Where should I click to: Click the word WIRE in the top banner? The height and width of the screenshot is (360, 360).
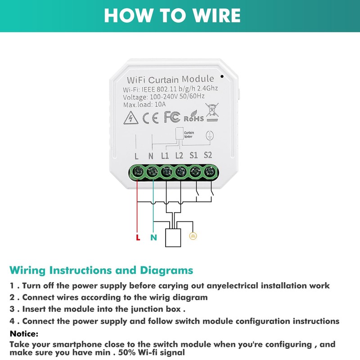[x=211, y=15]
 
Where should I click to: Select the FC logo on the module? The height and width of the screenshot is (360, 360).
[x=172, y=117]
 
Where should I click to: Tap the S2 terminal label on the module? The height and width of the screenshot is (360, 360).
[x=208, y=156]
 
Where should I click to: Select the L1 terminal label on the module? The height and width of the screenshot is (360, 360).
[x=165, y=156]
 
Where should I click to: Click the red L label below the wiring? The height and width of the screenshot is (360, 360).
[x=138, y=237]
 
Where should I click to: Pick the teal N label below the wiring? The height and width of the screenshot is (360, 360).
[x=153, y=237]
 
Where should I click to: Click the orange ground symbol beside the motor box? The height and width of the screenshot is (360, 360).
[x=193, y=235]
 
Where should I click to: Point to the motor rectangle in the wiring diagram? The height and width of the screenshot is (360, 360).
[x=174, y=238]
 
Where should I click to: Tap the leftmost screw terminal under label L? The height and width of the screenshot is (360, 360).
[x=137, y=172]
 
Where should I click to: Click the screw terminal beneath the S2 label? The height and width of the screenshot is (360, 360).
[x=208, y=172]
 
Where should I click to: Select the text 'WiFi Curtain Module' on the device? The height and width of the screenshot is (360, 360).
[x=171, y=79]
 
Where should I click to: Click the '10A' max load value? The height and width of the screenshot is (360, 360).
[x=160, y=105]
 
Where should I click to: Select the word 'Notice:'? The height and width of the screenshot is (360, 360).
[x=24, y=333]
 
